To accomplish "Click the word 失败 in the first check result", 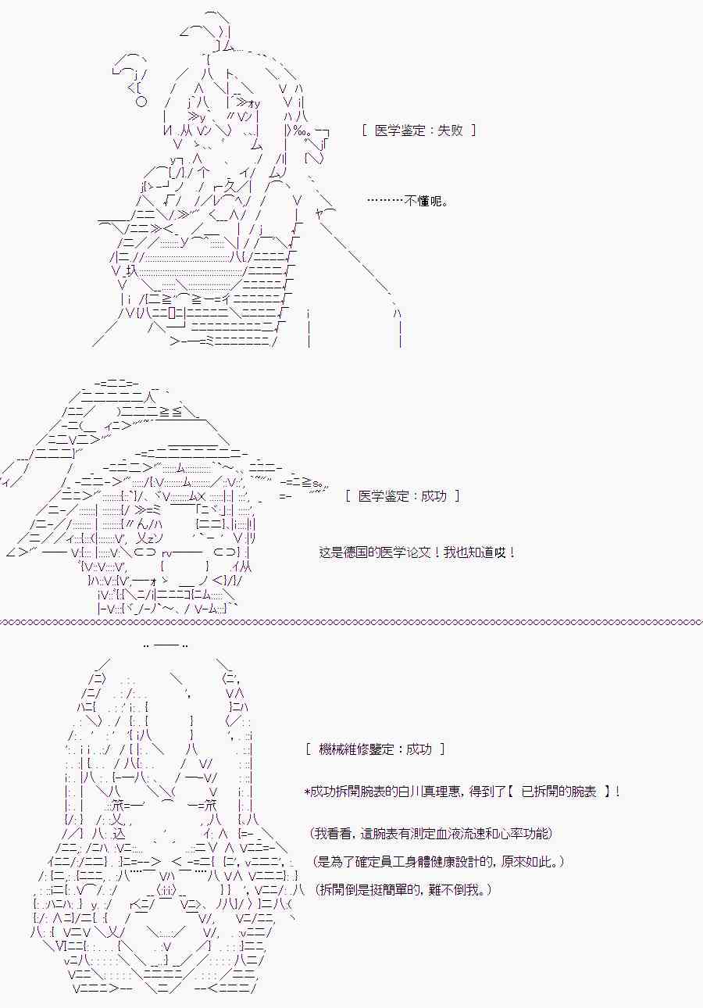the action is click(450, 130).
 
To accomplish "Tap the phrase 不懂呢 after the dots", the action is click(423, 200).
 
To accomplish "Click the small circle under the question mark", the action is click(141, 102).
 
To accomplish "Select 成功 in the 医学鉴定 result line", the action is click(434, 496).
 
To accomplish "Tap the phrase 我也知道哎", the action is click(474, 552).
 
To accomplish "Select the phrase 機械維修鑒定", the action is click(355, 749).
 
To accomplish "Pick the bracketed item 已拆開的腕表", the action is click(558, 791).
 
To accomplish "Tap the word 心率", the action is click(510, 834).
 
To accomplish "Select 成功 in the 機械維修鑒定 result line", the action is click(419, 749).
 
